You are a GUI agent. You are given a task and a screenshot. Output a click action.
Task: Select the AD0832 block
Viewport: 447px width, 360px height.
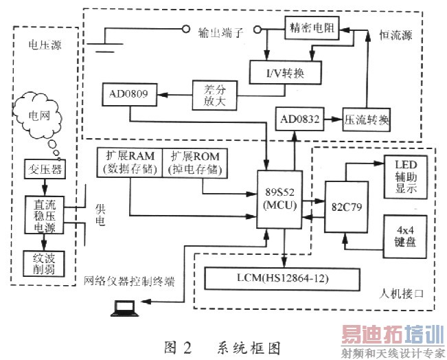[x=296, y=120]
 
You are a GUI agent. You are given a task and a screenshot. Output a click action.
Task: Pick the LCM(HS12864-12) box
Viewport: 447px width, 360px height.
[x=283, y=278]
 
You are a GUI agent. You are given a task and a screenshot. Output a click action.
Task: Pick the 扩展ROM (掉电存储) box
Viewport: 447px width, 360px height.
[x=194, y=162]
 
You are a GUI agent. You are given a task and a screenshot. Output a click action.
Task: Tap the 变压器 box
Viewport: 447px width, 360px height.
[x=45, y=169]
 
